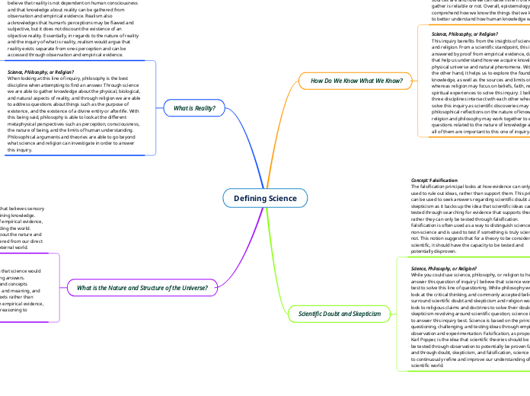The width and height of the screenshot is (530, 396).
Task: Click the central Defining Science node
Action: coord(265,198)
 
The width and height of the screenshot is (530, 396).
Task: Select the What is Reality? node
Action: coord(194,108)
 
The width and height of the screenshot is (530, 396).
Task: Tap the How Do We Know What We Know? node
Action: coord(342,80)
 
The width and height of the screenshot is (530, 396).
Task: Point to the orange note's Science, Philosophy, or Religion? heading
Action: coord(461,34)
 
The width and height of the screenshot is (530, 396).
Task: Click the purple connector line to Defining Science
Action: coord(228,251)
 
